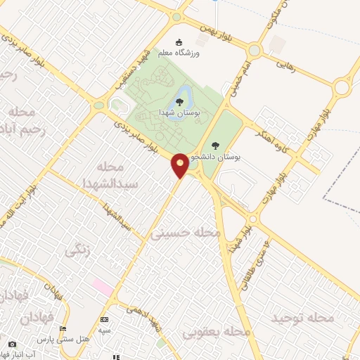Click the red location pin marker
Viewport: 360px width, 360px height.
181,165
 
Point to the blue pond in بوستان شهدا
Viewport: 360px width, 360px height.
181,96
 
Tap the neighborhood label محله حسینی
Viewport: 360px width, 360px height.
185,233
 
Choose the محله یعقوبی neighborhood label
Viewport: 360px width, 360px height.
215,330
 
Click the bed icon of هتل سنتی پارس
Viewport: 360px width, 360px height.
63,329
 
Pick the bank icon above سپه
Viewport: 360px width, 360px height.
104,320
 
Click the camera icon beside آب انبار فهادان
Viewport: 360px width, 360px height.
12,345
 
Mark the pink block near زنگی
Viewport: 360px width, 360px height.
103,287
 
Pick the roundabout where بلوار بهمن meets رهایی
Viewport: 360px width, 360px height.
254,50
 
